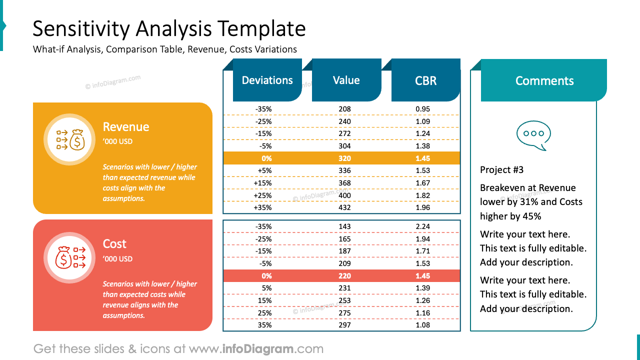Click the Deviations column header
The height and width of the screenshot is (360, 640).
coord(267,80)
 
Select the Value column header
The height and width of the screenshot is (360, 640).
coord(346,80)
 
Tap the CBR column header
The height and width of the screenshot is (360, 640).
coord(425,81)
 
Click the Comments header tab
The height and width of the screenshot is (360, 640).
coord(544,81)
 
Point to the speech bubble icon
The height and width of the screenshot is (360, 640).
coord(533,135)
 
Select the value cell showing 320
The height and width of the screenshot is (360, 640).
coord(344,158)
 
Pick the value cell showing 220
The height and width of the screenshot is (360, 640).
coord(344,276)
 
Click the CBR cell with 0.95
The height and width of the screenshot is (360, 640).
coord(422,109)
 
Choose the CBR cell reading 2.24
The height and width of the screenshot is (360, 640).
coord(422,226)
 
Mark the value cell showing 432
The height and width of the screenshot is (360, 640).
coord(344,207)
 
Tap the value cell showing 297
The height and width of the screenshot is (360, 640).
coord(344,325)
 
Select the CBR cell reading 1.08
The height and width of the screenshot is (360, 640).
coord(422,325)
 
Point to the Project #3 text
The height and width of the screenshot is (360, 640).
coord(501,170)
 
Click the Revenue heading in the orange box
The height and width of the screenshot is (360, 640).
coord(126,127)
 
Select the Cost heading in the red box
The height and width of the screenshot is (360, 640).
coord(114,244)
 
